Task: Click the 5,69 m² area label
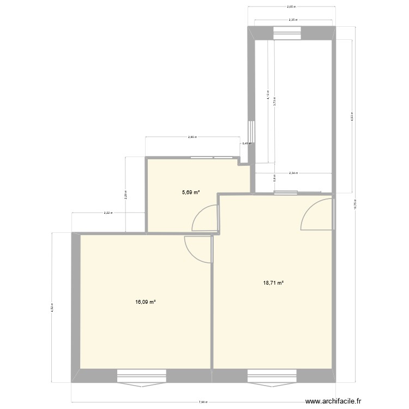tap(191, 192)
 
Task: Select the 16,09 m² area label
tap(146, 302)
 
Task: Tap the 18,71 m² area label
tap(273, 282)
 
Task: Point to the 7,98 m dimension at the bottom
tap(203, 402)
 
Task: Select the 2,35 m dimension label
tap(292, 20)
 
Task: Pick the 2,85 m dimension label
tap(191, 137)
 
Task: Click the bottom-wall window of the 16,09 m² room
tap(141, 376)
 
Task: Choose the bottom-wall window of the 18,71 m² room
tap(272, 376)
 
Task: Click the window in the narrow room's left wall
tap(251, 131)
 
